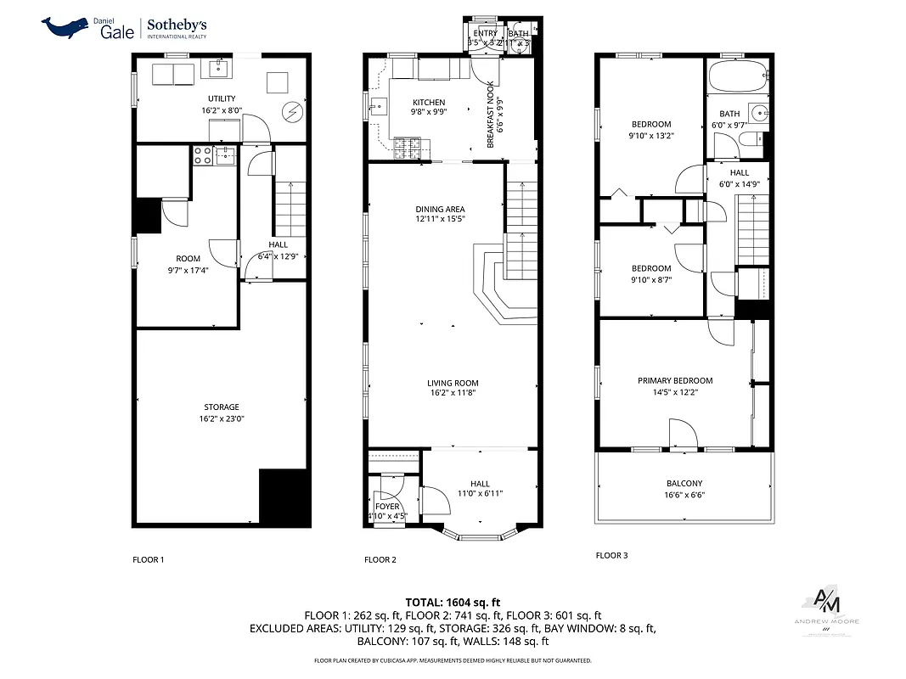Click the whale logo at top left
[67, 27]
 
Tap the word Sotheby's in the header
[177, 25]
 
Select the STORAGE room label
[221, 407]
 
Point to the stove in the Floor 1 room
[203, 155]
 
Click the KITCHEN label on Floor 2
[429, 103]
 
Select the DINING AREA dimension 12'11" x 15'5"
[440, 219]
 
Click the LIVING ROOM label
[453, 383]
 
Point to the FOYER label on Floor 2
[387, 507]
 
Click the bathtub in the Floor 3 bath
[736, 80]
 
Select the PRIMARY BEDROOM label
[675, 381]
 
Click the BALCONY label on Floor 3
[684, 484]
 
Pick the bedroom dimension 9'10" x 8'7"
[651, 279]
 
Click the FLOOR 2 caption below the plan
[380, 559]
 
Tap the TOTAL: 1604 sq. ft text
[453, 601]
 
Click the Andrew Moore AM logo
[826, 603]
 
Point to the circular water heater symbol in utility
[293, 111]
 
